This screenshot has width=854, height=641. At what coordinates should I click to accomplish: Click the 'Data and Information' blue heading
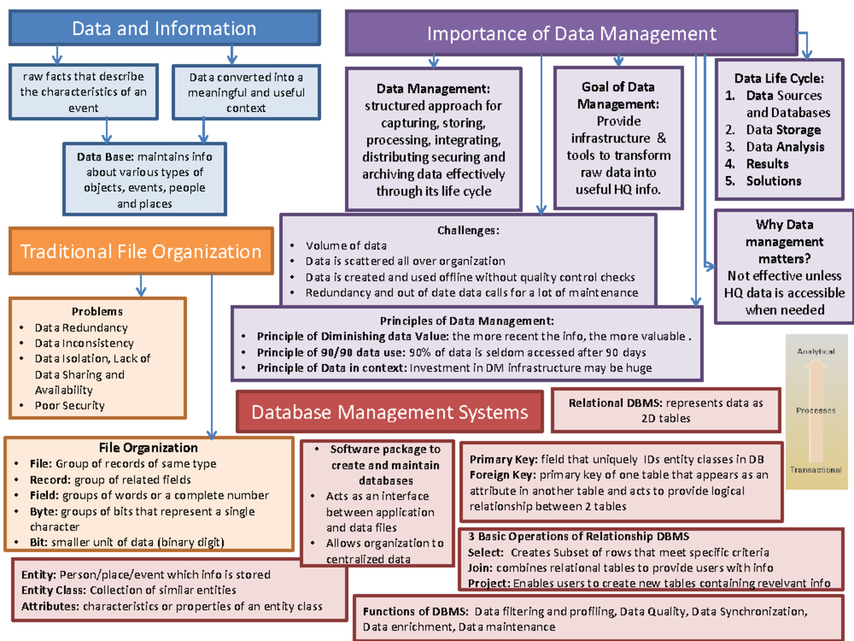(164, 28)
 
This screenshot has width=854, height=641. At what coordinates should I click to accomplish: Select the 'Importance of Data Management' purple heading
(571, 33)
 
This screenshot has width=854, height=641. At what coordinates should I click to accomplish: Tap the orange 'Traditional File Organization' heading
(141, 251)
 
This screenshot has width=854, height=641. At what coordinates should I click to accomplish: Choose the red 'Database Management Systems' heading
(389, 412)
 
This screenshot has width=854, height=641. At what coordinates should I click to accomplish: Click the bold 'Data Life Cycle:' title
(779, 78)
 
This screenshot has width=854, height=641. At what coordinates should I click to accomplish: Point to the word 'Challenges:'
(468, 230)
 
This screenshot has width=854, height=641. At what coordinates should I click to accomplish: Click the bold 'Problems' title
(97, 311)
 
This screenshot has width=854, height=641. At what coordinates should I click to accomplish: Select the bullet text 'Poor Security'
(70, 406)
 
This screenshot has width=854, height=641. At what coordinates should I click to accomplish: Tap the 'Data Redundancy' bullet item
(81, 328)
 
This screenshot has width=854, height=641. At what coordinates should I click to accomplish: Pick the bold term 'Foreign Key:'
(503, 475)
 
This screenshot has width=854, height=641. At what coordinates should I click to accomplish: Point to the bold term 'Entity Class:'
(53, 590)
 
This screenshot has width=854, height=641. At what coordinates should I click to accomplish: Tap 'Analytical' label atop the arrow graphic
(816, 352)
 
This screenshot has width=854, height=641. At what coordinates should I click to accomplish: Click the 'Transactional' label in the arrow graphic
(816, 470)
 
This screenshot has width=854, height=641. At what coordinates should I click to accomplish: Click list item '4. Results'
(767, 164)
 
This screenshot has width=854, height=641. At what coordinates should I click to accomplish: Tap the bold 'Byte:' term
(44, 511)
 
